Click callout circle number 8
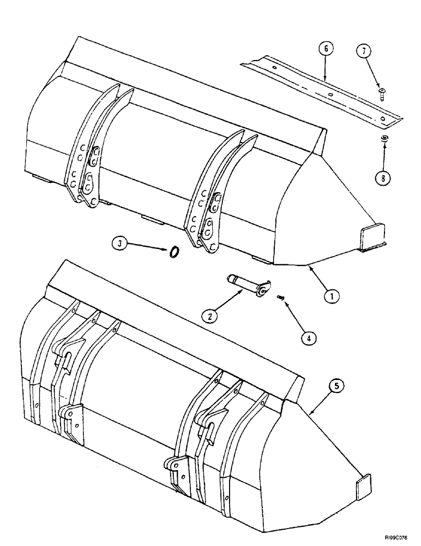(x=385, y=177)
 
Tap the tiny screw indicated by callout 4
(x=280, y=297)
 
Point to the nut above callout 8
(x=383, y=139)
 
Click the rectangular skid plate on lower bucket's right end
(x=364, y=487)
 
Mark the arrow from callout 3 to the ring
(x=149, y=247)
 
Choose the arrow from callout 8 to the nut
(x=384, y=156)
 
